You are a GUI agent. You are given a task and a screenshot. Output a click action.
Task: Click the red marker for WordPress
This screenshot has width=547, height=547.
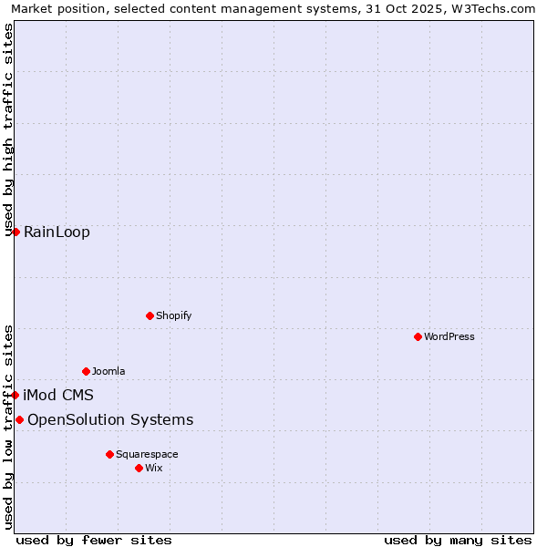click(418, 336)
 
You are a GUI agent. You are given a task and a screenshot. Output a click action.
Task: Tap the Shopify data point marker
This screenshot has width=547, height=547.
click(150, 315)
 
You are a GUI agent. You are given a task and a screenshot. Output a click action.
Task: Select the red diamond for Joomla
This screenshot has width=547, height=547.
click(86, 371)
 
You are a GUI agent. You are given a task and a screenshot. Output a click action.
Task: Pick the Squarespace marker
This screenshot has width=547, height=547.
click(109, 454)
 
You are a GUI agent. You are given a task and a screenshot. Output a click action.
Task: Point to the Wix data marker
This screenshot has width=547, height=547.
click(139, 468)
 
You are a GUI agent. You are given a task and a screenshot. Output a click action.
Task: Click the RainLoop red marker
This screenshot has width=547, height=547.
click(15, 232)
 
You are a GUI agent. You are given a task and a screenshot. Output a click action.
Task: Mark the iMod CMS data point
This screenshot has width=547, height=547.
click(15, 395)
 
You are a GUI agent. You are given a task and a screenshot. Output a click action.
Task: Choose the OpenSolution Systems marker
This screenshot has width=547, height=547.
click(19, 419)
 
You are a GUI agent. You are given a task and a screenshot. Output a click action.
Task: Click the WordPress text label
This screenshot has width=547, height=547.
click(449, 336)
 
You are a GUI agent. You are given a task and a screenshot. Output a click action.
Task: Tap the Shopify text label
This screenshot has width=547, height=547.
click(173, 315)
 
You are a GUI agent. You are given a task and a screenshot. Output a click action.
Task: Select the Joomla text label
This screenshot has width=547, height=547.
click(108, 371)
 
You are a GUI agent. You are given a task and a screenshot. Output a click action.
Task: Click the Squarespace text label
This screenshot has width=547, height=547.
click(147, 454)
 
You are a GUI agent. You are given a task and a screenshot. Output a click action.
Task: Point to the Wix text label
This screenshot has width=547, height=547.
click(153, 468)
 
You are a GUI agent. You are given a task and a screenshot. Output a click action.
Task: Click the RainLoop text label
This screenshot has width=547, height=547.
click(57, 232)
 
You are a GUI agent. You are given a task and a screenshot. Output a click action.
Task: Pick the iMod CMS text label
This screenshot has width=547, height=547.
click(58, 395)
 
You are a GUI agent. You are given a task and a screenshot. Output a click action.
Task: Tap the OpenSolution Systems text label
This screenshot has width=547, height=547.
click(110, 419)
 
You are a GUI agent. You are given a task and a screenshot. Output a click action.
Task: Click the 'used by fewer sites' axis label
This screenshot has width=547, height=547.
click(94, 540)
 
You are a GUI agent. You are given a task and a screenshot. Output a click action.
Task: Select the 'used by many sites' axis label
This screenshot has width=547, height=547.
click(458, 540)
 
